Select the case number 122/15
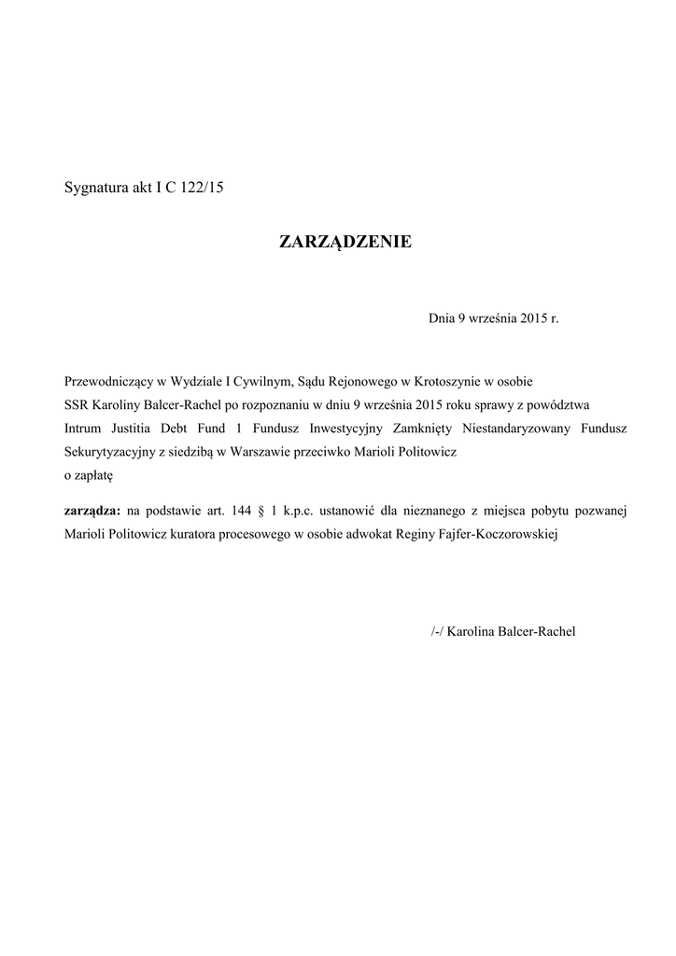[x=203, y=188]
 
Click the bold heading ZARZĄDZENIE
[x=345, y=244]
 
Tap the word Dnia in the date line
[x=441, y=319]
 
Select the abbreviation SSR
[x=77, y=406]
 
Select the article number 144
[x=240, y=511]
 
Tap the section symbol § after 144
[x=263, y=511]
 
